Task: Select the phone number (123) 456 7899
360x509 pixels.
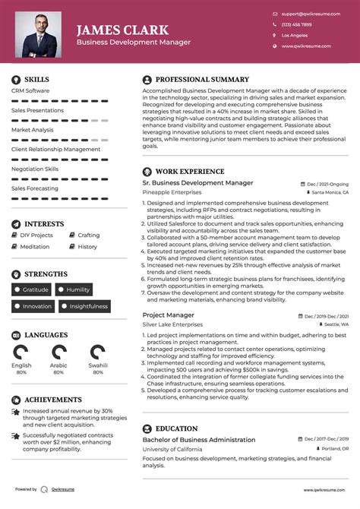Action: pos(296,24)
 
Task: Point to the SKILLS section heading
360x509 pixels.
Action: pos(36,79)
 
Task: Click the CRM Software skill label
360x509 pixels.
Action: pos(30,91)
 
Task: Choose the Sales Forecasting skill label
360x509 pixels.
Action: pos(34,188)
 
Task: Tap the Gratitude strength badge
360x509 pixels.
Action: pos(32,289)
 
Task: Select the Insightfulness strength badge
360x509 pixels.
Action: pos(84,306)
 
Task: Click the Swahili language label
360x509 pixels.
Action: pos(98,365)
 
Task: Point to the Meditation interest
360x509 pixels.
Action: pos(35,247)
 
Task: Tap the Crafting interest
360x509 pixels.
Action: pos(88,236)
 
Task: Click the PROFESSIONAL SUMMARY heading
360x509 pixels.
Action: pos(201,79)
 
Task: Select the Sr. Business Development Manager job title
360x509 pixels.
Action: pos(197,183)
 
